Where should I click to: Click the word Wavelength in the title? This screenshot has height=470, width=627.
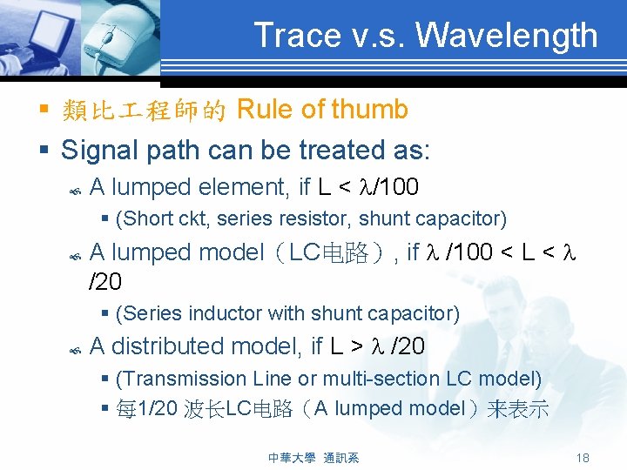507,36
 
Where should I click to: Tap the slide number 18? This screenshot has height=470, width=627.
583,458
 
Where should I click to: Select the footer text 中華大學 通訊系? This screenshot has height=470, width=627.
313,458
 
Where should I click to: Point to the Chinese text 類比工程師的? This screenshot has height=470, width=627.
145,111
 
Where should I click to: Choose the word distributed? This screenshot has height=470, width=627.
175,346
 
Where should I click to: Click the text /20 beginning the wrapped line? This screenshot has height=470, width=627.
105,281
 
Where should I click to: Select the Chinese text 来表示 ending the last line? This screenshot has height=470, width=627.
517,409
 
